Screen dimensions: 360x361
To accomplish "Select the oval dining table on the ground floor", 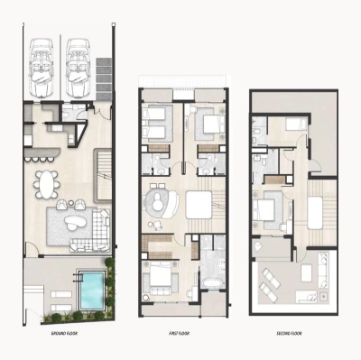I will (44, 184).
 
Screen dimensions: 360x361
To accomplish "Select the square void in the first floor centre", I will (199, 201).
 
